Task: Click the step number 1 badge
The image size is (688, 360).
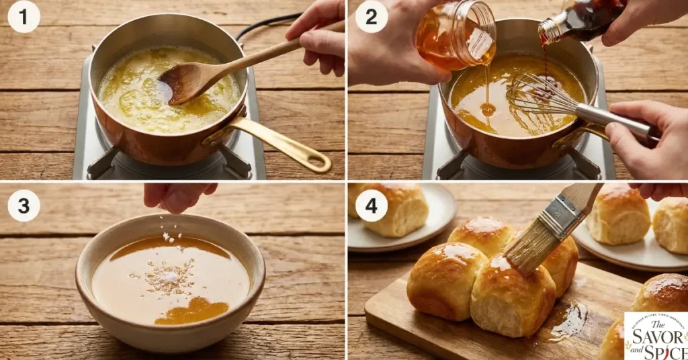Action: click(x=24, y=17)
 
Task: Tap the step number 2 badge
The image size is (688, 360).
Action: click(x=371, y=17)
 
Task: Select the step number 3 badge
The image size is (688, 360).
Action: click(x=24, y=205)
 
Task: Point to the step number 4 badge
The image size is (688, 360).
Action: click(x=371, y=205)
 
